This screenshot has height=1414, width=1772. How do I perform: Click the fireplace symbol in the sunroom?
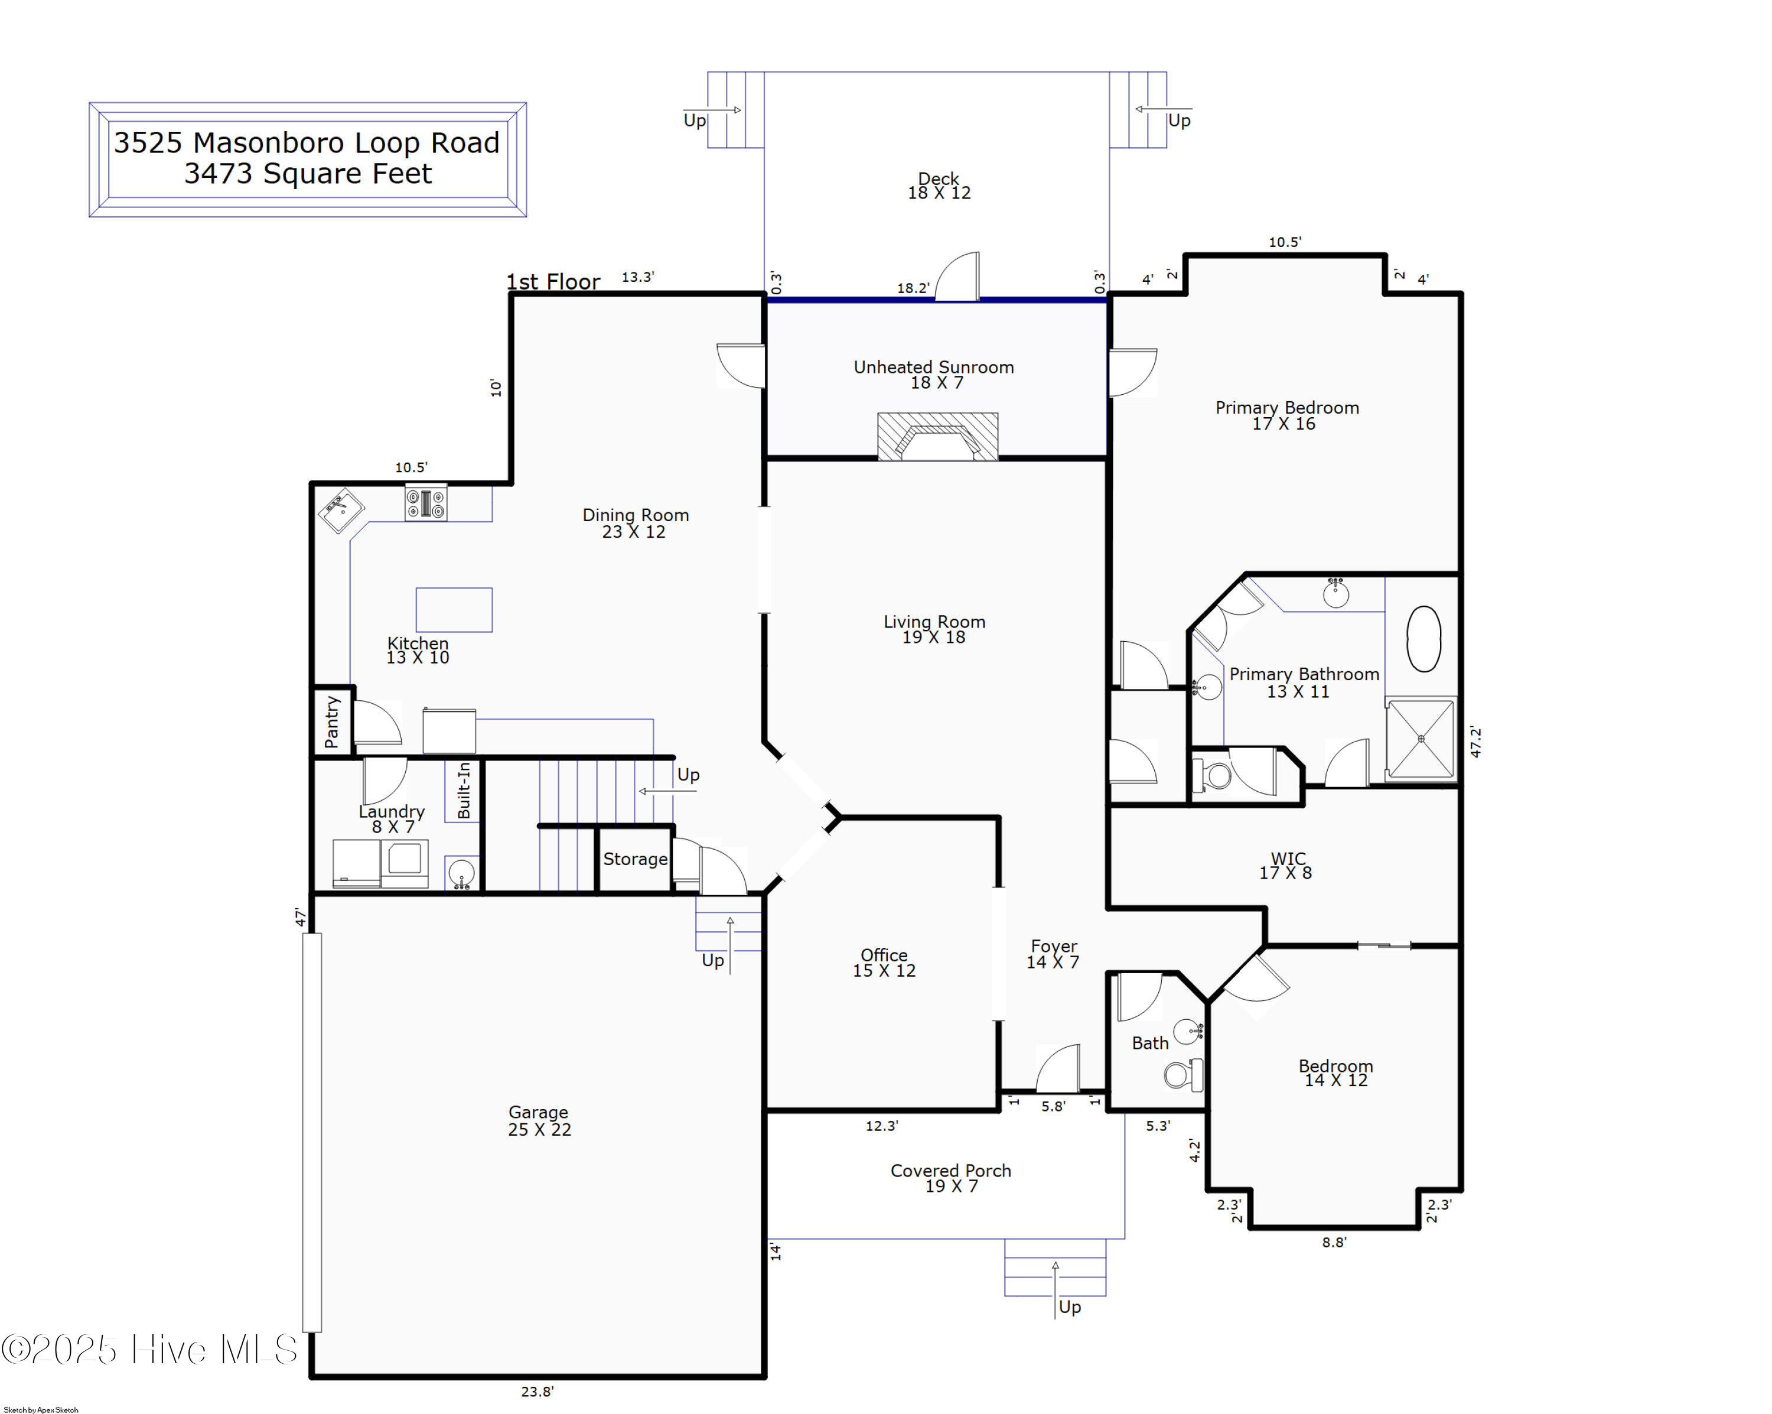pyautogui.click(x=937, y=435)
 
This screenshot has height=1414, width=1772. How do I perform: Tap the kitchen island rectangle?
pyautogui.click(x=454, y=609)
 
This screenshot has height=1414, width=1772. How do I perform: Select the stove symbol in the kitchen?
pyautogui.click(x=426, y=502)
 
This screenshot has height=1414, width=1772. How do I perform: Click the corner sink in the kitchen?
pyautogui.click(x=341, y=510)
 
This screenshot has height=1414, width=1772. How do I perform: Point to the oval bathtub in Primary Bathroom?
pyautogui.click(x=1424, y=639)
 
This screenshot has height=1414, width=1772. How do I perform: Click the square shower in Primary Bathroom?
pyautogui.click(x=1420, y=738)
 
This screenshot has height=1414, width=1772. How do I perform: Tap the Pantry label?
pyautogui.click(x=332, y=722)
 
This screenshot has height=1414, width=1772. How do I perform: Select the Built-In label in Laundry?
pyautogui.click(x=464, y=789)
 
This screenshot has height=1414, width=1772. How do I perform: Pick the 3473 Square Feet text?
pyautogui.click(x=307, y=174)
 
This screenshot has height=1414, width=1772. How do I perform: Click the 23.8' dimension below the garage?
pyautogui.click(x=537, y=1391)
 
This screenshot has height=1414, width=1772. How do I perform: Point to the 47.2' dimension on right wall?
pyautogui.click(x=1475, y=742)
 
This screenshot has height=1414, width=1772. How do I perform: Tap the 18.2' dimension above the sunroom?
pyautogui.click(x=913, y=288)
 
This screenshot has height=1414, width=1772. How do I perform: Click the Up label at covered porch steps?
pyautogui.click(x=1069, y=1306)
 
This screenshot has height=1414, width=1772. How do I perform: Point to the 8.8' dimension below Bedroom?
pyautogui.click(x=1334, y=1242)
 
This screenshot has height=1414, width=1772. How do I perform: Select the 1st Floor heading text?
pyautogui.click(x=553, y=282)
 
